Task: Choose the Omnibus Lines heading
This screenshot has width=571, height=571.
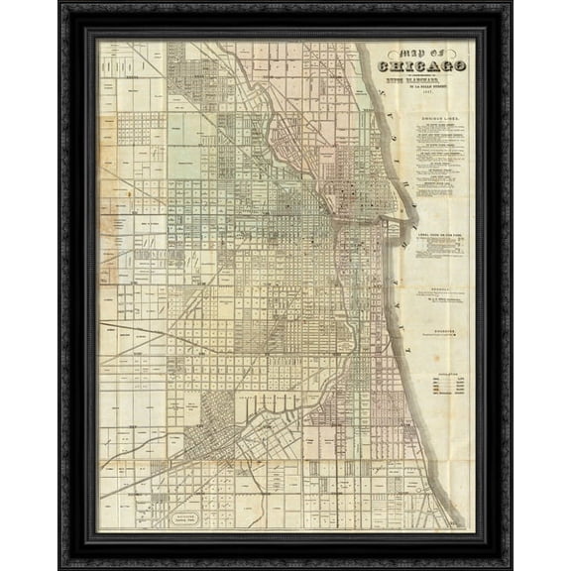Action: pyautogui.click(x=438, y=119)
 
